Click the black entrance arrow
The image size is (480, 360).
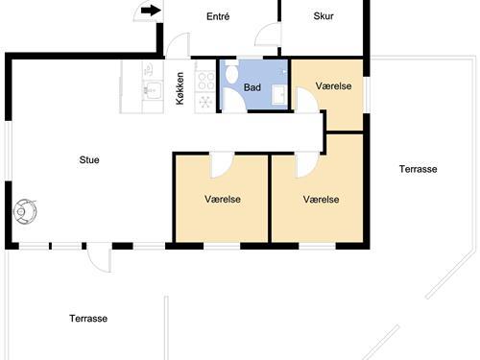[151, 11]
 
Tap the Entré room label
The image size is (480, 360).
[218, 16]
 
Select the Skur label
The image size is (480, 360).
[324, 16]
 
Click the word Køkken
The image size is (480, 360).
[180, 88]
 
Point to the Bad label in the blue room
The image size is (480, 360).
[252, 87]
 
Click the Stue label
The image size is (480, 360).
[89, 159]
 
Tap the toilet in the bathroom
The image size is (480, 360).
[231, 72]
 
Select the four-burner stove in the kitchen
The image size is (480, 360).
[205, 82]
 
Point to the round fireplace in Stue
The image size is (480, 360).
[25, 211]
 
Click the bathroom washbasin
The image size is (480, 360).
[279, 95]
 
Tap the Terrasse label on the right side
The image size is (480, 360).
[418, 169]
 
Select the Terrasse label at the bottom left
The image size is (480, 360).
[88, 319]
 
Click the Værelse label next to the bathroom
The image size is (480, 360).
[333, 85]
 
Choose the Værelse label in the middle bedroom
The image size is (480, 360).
[223, 199]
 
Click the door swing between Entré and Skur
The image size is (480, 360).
[268, 34]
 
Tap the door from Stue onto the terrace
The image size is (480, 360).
[99, 257]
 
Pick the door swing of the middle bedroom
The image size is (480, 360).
[222, 165]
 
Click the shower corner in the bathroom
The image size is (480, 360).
[234, 100]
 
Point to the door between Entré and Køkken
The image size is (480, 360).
[178, 45]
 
